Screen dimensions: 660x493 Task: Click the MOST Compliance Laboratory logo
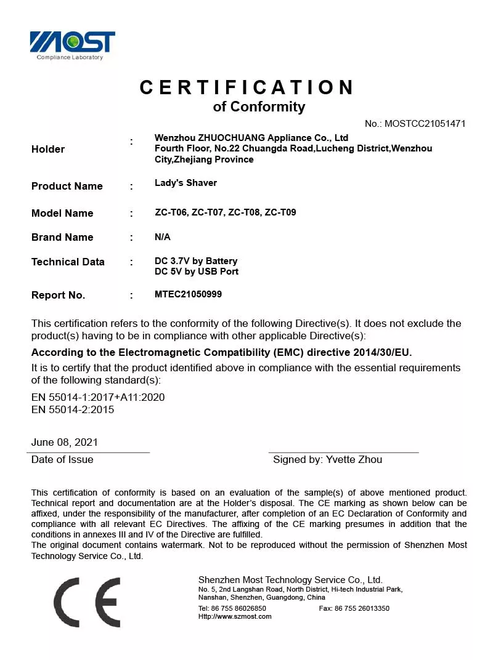[73, 45]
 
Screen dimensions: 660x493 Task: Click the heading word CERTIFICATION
[246, 87]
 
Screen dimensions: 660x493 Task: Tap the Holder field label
[48, 149]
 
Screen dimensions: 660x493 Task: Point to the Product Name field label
[67, 186]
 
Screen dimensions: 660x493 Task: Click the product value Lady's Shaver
[185, 183]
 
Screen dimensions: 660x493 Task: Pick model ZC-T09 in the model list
[280, 212]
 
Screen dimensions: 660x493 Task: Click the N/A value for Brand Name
[163, 237]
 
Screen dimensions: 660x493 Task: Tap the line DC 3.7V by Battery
[196, 261]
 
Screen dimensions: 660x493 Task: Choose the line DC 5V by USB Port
[197, 272]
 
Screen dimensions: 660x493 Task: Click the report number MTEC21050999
[188, 294]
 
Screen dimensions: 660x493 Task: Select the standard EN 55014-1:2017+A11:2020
[98, 397]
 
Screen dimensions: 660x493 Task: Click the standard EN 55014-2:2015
[73, 409]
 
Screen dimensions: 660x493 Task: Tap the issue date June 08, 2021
[65, 442]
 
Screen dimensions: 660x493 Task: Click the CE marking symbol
[87, 602]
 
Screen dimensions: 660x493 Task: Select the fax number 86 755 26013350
[362, 608]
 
